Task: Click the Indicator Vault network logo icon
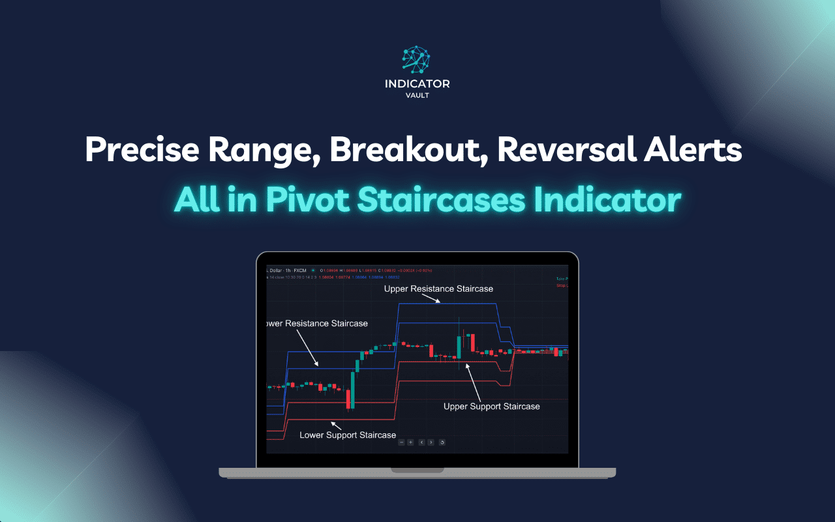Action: point(417,59)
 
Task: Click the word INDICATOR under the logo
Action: point(417,84)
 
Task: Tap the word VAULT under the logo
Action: point(417,95)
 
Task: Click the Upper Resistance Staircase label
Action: point(438,288)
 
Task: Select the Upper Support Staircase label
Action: point(491,407)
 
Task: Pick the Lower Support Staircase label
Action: point(348,435)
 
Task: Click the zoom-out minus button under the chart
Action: point(402,442)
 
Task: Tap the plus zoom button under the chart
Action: point(410,442)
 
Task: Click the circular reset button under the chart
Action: point(442,442)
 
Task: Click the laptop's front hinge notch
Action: point(417,470)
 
